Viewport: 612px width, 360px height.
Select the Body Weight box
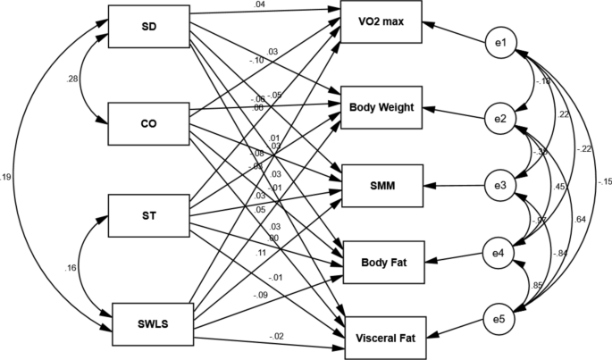click(x=381, y=107)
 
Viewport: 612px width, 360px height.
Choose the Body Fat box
click(x=381, y=262)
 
